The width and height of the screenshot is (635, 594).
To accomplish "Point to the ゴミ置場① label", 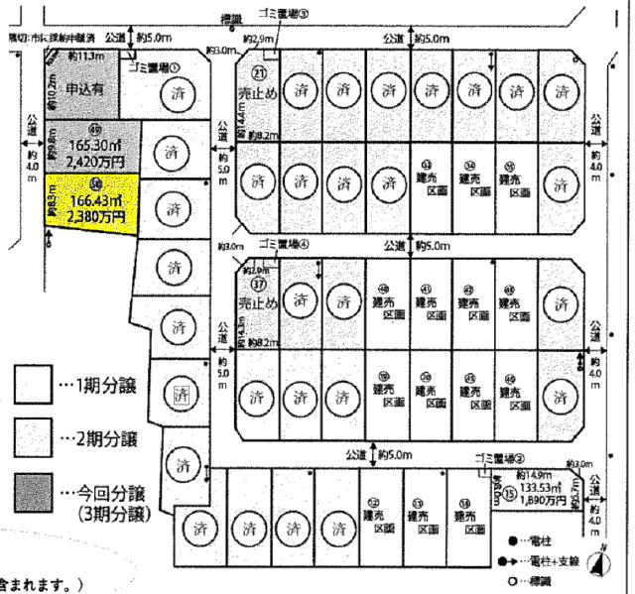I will click(154, 66).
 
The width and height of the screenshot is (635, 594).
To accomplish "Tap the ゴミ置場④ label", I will click(284, 244).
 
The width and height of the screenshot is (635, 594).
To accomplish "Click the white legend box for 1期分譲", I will click(33, 383).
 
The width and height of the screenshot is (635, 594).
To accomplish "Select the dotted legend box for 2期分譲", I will click(33, 436).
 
